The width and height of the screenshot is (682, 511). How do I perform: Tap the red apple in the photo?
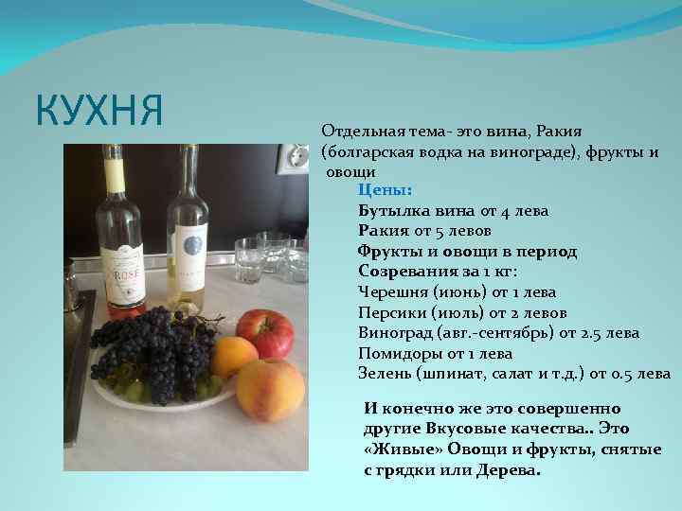point(264,332)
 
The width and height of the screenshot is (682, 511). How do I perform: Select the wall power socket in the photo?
point(289,158)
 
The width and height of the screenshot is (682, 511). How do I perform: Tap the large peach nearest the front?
point(270,389)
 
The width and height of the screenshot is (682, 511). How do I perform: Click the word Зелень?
point(386,374)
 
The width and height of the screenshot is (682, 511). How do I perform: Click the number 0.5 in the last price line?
point(624,374)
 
